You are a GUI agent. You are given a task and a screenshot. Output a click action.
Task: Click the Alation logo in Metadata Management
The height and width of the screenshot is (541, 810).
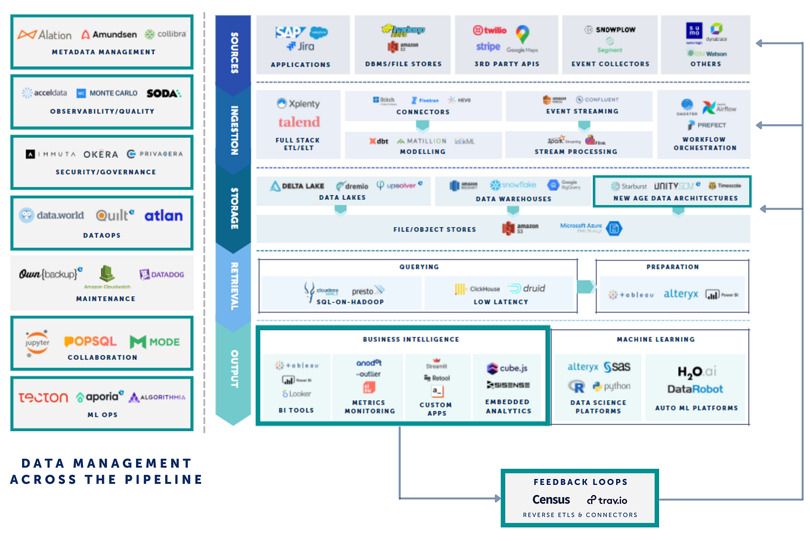click(45, 35)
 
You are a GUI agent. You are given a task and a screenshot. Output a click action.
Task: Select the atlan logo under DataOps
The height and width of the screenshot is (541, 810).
click(163, 216)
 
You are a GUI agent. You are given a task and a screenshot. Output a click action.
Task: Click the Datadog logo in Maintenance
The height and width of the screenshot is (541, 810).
click(162, 274)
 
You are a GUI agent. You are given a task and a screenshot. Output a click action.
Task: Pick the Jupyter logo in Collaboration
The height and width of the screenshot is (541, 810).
click(37, 343)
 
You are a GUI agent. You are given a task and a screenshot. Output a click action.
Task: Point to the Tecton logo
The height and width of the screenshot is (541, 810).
click(43, 397)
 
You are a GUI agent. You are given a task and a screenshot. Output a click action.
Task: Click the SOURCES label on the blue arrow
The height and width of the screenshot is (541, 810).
click(234, 53)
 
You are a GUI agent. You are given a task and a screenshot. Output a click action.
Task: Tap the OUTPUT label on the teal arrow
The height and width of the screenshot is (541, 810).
click(234, 369)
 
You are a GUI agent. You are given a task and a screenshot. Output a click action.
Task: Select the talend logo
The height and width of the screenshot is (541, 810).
click(299, 122)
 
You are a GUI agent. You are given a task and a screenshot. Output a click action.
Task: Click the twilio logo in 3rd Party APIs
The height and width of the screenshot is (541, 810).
click(490, 30)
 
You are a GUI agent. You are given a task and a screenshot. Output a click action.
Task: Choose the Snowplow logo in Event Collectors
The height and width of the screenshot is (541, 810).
click(610, 29)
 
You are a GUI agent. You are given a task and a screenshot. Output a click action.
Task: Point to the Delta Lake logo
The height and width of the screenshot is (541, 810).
click(297, 186)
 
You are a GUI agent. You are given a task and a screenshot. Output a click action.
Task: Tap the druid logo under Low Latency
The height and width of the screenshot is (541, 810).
click(527, 289)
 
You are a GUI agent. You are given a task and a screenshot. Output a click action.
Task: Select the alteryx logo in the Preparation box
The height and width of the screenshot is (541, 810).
click(681, 294)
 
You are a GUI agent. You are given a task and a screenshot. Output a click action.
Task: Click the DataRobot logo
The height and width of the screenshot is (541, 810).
click(695, 389)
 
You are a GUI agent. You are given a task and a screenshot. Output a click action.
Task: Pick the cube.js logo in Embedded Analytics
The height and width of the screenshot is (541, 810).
click(508, 369)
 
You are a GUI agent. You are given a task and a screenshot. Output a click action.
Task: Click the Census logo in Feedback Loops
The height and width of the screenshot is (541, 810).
click(551, 500)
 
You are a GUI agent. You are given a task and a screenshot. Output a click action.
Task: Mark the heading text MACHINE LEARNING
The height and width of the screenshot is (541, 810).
click(656, 339)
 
